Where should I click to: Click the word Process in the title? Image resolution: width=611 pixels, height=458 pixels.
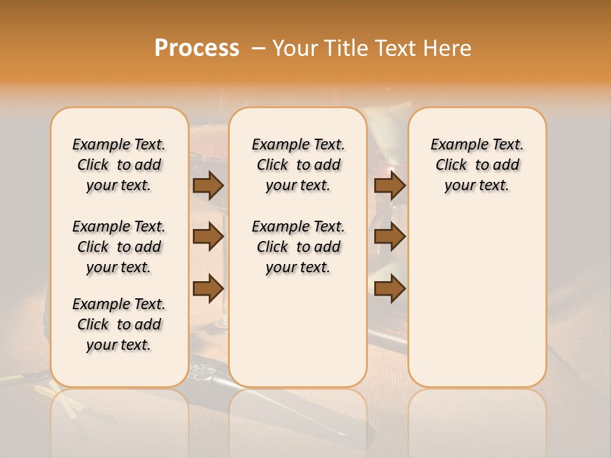[197, 48]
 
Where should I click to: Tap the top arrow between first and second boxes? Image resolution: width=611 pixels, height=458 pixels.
[208, 185]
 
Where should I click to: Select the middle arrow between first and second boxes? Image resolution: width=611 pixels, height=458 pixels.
[208, 237]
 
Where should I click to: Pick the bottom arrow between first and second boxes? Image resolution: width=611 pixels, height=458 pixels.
[208, 289]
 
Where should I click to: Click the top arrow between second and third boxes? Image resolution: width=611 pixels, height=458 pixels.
[390, 185]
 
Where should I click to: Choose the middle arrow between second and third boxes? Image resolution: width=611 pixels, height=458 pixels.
[390, 237]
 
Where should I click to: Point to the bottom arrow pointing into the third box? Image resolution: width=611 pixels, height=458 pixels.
[390, 289]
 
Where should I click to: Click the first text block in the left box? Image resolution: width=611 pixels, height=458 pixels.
[119, 165]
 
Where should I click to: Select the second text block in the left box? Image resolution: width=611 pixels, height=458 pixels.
[119, 247]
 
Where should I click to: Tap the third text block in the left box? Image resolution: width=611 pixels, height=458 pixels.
[119, 324]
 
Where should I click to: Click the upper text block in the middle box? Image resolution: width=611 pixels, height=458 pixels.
[298, 165]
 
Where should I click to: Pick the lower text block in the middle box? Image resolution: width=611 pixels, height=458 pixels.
[298, 247]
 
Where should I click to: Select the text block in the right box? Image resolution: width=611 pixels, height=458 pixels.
[477, 165]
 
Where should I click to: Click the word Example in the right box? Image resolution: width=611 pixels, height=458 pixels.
[454, 145]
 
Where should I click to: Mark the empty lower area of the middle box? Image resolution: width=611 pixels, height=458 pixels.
[298, 331]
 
